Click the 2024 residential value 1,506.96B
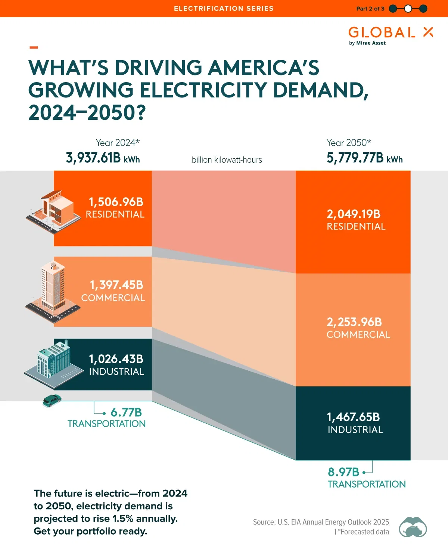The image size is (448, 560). pyautogui.click(x=116, y=202)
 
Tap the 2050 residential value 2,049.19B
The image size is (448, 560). pyautogui.click(x=353, y=214)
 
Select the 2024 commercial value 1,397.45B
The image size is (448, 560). pyautogui.click(x=116, y=285)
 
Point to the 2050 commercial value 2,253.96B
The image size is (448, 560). pyautogui.click(x=354, y=322)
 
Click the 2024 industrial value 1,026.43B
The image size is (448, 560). pyautogui.click(x=116, y=359)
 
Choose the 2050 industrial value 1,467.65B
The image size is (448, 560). pyautogui.click(x=353, y=417)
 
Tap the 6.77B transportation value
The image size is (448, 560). pyautogui.click(x=126, y=413)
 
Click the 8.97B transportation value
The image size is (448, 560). pyautogui.click(x=343, y=472)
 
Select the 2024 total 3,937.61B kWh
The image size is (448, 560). pyautogui.click(x=103, y=158)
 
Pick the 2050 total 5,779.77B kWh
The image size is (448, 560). pyautogui.click(x=364, y=158)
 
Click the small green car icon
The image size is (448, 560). pyautogui.click(x=52, y=400)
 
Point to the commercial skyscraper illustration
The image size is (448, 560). pyautogui.click(x=53, y=291)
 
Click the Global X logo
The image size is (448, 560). pyautogui.click(x=390, y=35)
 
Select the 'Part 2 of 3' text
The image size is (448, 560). pyautogui.click(x=370, y=9)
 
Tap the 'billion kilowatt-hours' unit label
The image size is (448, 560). pyautogui.click(x=227, y=160)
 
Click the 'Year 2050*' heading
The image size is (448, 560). pyautogui.click(x=348, y=143)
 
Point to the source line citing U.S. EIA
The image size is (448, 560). pyautogui.click(x=321, y=522)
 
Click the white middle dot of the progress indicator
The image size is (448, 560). pyautogui.click(x=408, y=9)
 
